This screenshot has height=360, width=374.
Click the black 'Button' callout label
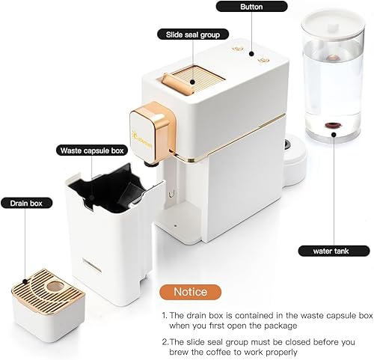(x=251, y=7)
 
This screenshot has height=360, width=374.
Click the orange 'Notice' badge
(x=191, y=290)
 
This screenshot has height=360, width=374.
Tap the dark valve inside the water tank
(x=329, y=125)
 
